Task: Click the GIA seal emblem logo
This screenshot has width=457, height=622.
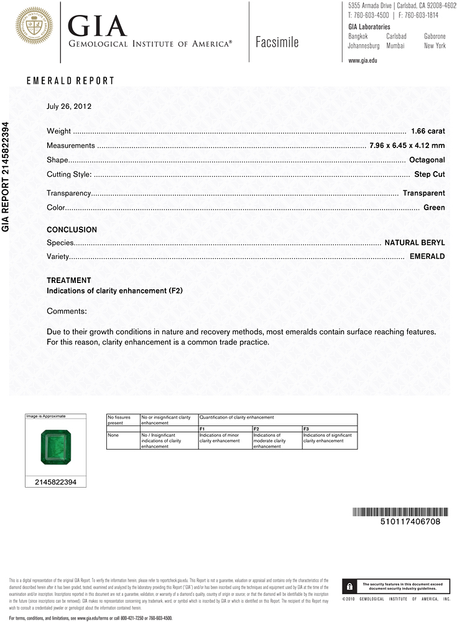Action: (x=34, y=26)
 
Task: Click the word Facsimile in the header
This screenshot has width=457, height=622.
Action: (x=277, y=42)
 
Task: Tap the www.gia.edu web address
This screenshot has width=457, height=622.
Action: (x=362, y=60)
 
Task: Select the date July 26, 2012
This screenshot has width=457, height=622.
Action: (x=69, y=106)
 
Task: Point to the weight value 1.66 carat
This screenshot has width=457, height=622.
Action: (x=428, y=131)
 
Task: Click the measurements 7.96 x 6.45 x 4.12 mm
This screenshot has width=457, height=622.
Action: (x=407, y=146)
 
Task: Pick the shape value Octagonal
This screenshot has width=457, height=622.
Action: (x=427, y=160)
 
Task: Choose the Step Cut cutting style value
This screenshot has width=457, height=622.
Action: (x=430, y=174)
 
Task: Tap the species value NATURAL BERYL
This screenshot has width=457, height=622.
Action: (x=415, y=242)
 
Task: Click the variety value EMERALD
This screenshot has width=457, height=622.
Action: (x=427, y=256)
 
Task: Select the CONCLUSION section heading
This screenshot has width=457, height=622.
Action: (x=72, y=230)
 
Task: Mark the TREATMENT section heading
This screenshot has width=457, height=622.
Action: (x=69, y=281)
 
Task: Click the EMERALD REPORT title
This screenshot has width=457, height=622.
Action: (x=71, y=81)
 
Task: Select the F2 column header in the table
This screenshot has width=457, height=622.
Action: (x=256, y=429)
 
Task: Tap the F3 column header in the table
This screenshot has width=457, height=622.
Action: (x=306, y=429)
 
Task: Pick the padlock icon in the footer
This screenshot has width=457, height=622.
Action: (x=350, y=587)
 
